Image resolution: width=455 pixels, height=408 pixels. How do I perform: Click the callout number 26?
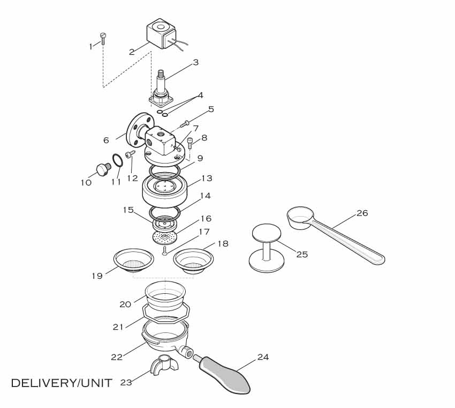click(x=362, y=213)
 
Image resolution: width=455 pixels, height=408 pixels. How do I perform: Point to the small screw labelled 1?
click(x=103, y=38)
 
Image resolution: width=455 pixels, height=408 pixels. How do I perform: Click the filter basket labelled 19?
click(x=134, y=261)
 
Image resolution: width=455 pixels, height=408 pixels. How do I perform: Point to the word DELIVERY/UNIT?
click(x=62, y=383)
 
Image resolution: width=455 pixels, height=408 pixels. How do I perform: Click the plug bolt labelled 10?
click(x=101, y=169)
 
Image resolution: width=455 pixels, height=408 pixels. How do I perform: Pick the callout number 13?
click(x=207, y=179)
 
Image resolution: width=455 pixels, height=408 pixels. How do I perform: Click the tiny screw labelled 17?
click(x=165, y=250)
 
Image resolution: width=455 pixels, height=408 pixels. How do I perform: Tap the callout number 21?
click(x=118, y=326)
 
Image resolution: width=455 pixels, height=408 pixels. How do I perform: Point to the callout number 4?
click(x=200, y=95)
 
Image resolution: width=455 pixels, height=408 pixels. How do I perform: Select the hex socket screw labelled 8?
click(x=190, y=143)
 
